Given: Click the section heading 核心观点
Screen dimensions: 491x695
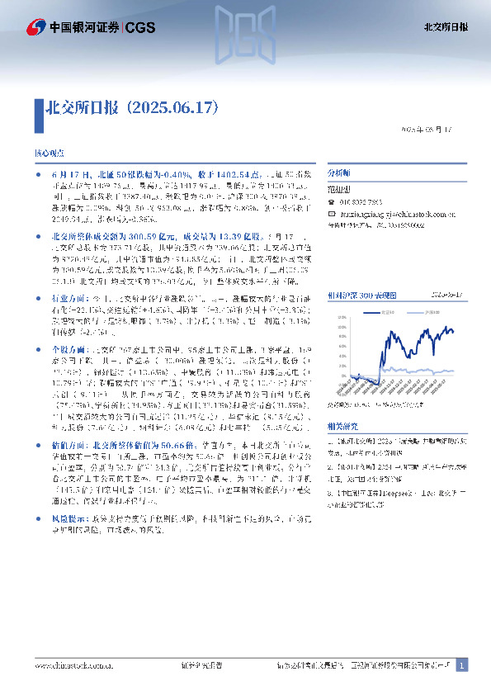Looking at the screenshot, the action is coord(47,154).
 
